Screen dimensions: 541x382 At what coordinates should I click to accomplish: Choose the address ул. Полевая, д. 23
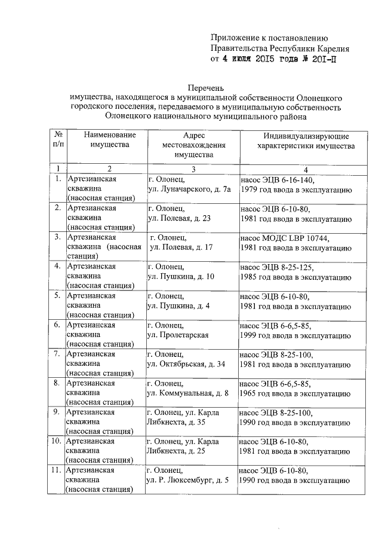pyautogui.click(x=178, y=218)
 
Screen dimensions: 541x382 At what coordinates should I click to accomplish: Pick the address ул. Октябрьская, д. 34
pyautogui.click(x=186, y=363)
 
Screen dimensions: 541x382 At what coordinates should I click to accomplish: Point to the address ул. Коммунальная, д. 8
pyautogui.click(x=187, y=392)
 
